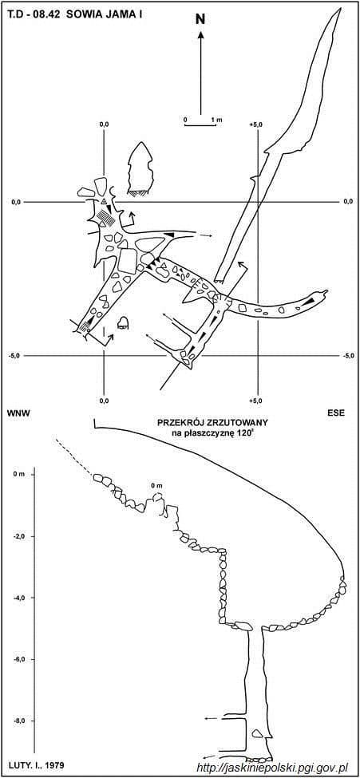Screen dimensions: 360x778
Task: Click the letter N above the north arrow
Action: [x=200, y=19]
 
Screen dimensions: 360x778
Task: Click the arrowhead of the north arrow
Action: [x=200, y=36]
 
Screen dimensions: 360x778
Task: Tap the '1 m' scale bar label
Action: [x=216, y=120]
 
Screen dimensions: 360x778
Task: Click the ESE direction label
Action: [x=337, y=413]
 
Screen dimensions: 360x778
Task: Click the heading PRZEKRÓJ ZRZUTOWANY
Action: [x=212, y=423]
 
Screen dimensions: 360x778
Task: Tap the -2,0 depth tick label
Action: [x=19, y=536]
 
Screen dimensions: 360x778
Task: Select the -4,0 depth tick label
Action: [x=19, y=598]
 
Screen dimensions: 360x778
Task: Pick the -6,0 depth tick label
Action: [x=19, y=659]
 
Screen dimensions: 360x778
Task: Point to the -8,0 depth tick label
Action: [x=19, y=721]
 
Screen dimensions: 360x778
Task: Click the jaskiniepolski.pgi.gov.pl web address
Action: [x=271, y=768]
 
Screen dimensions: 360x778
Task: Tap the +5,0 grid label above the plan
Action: [x=256, y=124]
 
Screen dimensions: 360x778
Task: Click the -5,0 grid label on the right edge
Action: [x=349, y=356]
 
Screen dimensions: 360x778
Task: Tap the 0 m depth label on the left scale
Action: [x=18, y=475]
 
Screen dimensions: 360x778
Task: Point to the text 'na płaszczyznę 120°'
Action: [x=212, y=432]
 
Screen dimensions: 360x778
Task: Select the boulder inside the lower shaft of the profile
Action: [x=257, y=733]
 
